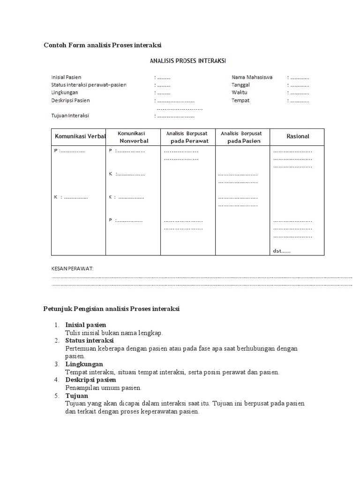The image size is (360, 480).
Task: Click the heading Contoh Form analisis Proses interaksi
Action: (x=102, y=45)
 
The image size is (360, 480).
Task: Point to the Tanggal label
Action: (x=240, y=85)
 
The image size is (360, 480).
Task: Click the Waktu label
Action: (x=239, y=92)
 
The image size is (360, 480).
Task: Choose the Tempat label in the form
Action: (x=240, y=100)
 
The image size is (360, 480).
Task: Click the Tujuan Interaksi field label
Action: (x=70, y=115)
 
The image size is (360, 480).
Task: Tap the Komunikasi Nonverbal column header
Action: (x=133, y=137)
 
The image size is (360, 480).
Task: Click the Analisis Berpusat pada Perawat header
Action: (x=187, y=137)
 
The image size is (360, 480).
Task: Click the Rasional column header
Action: (x=298, y=136)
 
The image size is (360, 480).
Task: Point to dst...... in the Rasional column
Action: (x=281, y=251)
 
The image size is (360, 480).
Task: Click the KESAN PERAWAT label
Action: (x=72, y=269)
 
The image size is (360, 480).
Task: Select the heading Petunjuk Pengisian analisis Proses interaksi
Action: (x=112, y=309)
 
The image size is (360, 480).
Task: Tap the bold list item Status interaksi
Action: (x=89, y=340)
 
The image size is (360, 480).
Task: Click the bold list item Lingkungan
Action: (x=84, y=364)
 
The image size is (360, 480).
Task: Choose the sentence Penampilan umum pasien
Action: (x=103, y=388)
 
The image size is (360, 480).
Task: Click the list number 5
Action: (x=56, y=396)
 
